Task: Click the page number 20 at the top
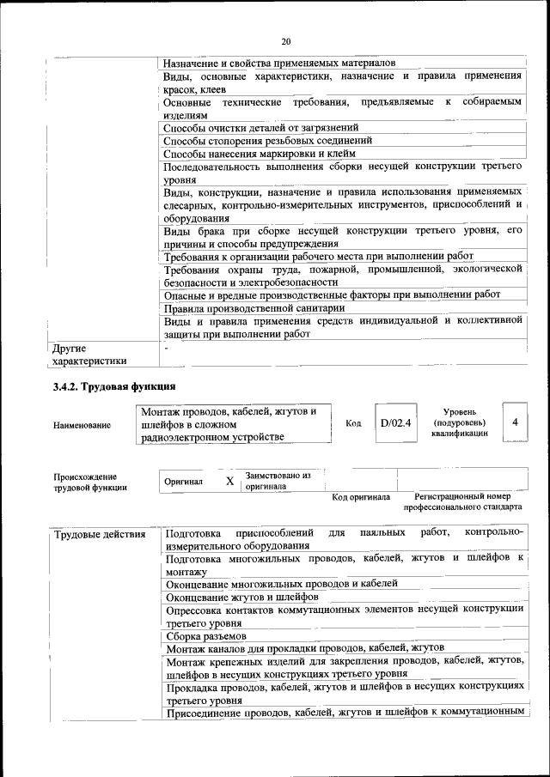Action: (x=286, y=40)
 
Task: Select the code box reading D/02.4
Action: (x=396, y=423)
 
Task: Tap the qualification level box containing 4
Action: (x=514, y=422)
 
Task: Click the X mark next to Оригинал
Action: (x=229, y=481)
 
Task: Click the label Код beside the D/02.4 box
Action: (x=353, y=423)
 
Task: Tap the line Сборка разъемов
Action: (x=206, y=636)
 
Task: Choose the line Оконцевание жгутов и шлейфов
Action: (x=242, y=596)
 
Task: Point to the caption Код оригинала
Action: (x=361, y=497)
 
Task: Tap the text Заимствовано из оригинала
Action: (x=278, y=480)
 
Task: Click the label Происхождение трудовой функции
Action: (x=86, y=482)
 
